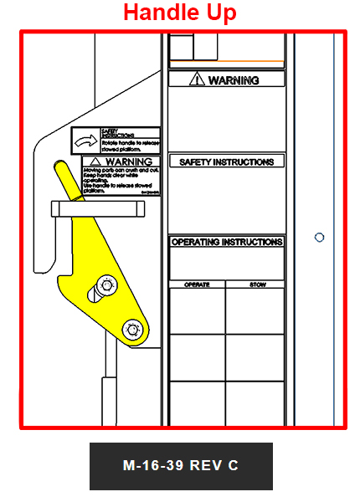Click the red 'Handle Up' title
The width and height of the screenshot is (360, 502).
(x=180, y=13)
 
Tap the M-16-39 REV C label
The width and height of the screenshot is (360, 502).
(x=181, y=466)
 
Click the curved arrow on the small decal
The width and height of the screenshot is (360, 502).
(x=85, y=141)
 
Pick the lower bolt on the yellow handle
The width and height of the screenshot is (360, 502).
(x=130, y=330)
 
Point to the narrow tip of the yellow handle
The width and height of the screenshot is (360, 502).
(x=61, y=167)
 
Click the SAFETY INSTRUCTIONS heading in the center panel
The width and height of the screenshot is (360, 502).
(x=227, y=161)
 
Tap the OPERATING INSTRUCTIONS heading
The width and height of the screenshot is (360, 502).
(x=227, y=242)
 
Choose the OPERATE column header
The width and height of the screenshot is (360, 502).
(x=197, y=284)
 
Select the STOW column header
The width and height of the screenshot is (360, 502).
(x=255, y=284)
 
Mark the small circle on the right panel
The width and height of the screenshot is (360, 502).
(x=319, y=238)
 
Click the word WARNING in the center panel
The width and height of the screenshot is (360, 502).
(x=234, y=80)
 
